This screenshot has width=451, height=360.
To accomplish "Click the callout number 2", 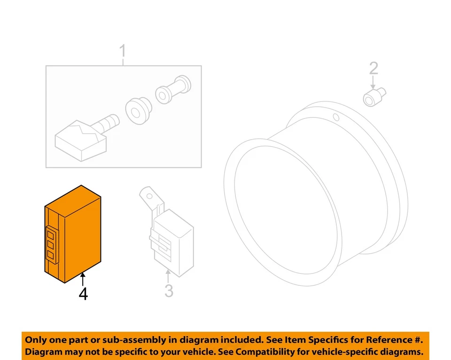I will tap(373, 69).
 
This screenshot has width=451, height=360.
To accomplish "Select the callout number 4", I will tap(83, 294).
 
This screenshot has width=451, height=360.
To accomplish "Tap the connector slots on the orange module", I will tap(51, 243).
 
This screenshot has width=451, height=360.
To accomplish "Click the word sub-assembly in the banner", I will tap(124, 339).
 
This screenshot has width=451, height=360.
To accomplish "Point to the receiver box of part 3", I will tap(172, 237).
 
